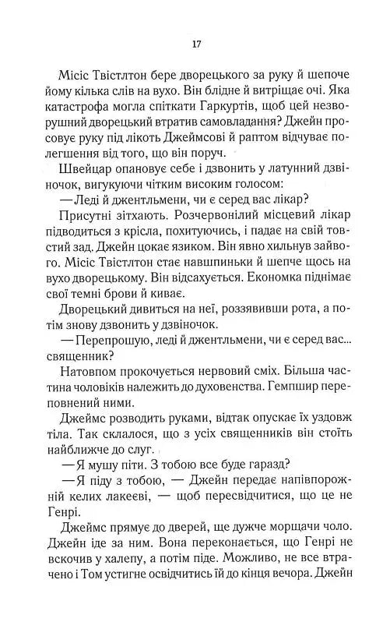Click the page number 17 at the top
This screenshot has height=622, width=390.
(195, 42)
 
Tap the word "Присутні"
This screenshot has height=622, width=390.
(84, 242)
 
